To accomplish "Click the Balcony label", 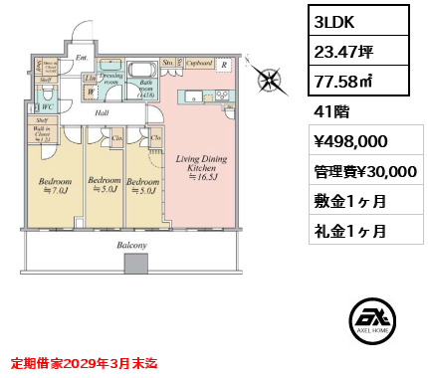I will click(131, 244).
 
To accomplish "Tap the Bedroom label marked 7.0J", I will click(54, 186).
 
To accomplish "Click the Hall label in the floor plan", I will click(102, 113).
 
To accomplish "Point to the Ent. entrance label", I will click(82, 58).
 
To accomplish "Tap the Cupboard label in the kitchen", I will click(199, 63).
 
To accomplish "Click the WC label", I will click(46, 105).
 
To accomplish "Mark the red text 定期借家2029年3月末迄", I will click(84, 364).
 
